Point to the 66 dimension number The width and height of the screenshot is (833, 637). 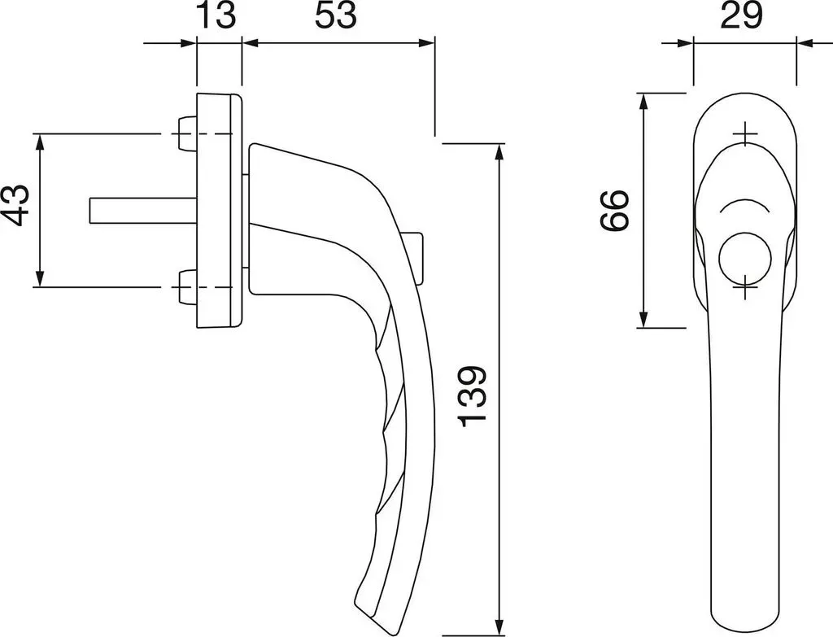615,210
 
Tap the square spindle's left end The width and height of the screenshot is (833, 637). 90,211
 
